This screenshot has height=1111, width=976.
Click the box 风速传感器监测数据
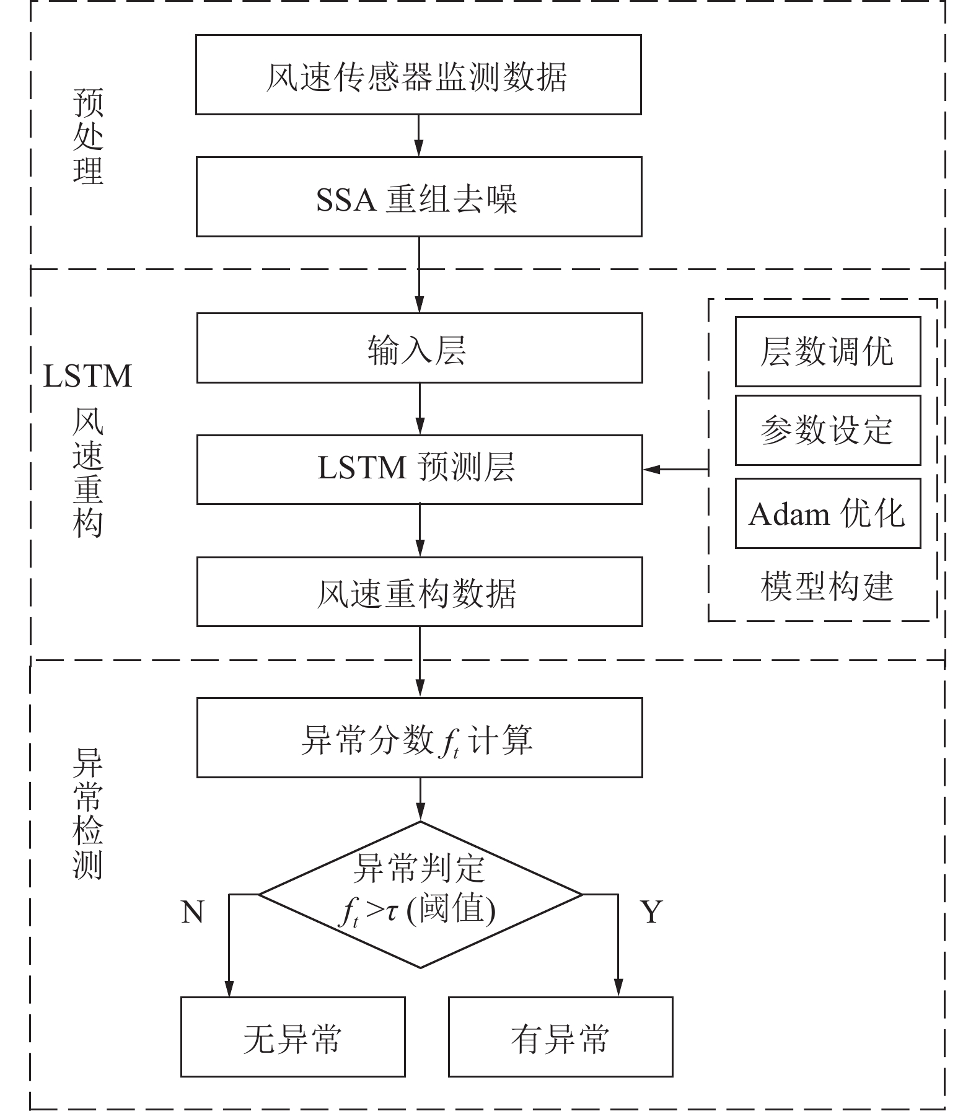coord(418,75)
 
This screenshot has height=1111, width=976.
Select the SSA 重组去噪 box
coord(419,197)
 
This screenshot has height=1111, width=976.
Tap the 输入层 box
coord(420,348)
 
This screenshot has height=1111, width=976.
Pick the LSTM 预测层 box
coord(420,469)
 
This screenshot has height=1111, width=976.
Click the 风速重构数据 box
coord(420,592)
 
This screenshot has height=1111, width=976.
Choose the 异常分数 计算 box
coord(420,738)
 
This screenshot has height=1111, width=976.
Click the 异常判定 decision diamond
coord(420,894)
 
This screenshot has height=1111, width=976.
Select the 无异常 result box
coord(292,1037)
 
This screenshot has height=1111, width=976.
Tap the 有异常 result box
coord(560,1037)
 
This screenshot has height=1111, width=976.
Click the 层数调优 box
coord(827,352)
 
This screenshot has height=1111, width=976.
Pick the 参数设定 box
coord(827,431)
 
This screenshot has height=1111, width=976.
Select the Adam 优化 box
coord(827,513)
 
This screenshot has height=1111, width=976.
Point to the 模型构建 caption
coord(827,586)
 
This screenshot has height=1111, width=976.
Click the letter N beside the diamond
coord(193,912)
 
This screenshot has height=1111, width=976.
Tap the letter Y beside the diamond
coord(651,912)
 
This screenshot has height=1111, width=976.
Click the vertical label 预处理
coord(88,136)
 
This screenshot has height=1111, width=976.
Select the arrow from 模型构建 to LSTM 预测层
coord(675,470)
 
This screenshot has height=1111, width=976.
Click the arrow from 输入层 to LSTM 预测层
coord(420,409)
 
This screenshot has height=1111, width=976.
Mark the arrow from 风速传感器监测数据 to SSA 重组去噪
coord(418,135)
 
